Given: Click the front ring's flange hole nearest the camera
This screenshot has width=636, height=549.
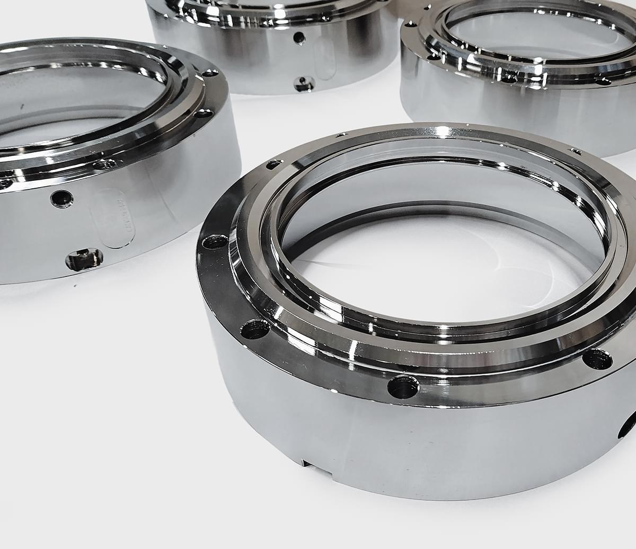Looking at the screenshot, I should tap(403, 387).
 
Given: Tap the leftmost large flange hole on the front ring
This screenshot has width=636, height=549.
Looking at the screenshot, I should tap(215, 242).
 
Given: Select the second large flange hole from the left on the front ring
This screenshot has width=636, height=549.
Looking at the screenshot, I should tap(255, 329).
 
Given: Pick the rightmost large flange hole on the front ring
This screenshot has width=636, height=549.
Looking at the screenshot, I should tap(597, 359).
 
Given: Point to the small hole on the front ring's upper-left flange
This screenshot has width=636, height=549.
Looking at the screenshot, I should tap(273, 165).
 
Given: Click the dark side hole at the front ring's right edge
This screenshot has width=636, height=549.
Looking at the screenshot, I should tap(629, 425).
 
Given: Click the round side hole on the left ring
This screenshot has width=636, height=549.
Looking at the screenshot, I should tap(62, 198).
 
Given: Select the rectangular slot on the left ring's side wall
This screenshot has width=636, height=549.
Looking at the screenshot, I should tap(84, 259).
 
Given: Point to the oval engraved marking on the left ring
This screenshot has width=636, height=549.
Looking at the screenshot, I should tap(113, 218).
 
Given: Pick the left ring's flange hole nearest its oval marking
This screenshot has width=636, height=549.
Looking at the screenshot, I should tap(104, 164).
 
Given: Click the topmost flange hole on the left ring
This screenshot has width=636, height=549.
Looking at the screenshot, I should tap(210, 73).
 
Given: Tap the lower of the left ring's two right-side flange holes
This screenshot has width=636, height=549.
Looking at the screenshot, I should tap(204, 113).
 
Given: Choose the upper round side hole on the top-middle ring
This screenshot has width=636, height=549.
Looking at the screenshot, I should tap(299, 38).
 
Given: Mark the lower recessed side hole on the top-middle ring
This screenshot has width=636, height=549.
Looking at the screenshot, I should tap(305, 83).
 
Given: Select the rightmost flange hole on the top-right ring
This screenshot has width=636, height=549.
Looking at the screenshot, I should tap(603, 81).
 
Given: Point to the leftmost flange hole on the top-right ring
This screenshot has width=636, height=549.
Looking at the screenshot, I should tap(409, 24).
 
